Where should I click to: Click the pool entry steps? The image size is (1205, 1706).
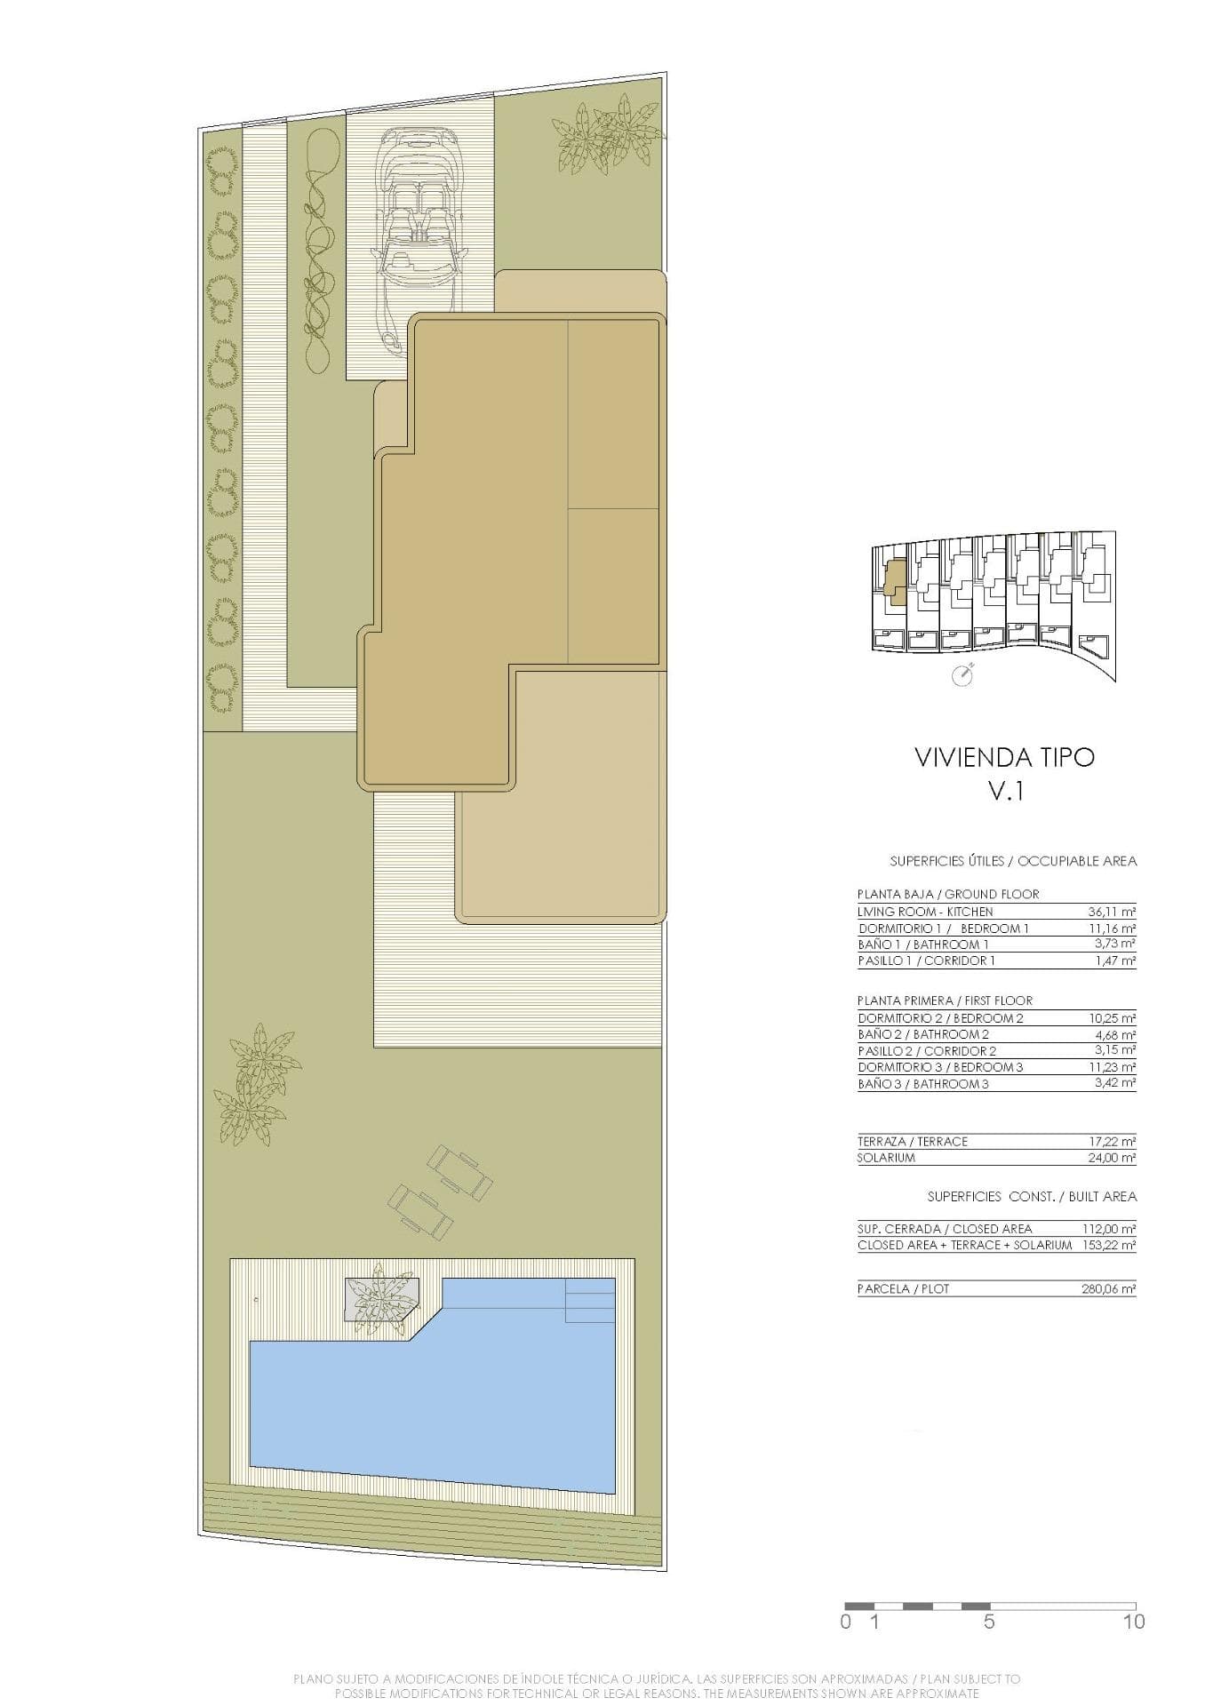[x=590, y=1300]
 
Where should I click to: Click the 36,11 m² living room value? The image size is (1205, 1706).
[x=1112, y=912]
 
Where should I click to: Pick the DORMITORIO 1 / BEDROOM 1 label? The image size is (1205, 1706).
[x=943, y=929]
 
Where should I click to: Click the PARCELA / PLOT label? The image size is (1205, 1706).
[x=903, y=1288]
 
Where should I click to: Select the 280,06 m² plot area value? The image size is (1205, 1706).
[x=1109, y=1288]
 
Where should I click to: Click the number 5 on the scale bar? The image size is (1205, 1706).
[x=989, y=1622]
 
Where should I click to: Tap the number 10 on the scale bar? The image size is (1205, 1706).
[x=1133, y=1622]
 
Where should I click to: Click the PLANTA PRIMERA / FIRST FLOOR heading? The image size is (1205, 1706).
[x=945, y=1000]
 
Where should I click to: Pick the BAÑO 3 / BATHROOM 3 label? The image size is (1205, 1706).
[x=923, y=1084]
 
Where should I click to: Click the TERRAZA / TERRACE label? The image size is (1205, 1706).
[x=913, y=1141]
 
